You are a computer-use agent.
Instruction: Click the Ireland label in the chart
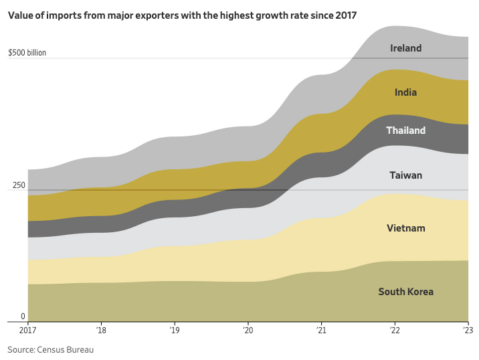pos(405,48)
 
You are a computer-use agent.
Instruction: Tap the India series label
pos(405,92)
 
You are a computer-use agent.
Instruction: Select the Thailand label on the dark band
pos(405,130)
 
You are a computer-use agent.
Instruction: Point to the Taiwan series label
pos(405,175)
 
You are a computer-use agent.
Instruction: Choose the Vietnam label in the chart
pos(405,229)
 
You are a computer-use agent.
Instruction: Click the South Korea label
pos(405,292)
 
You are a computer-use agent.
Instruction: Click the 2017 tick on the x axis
pos(27,330)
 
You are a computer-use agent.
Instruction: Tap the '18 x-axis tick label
pos(101,330)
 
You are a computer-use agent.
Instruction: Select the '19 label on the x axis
pos(175,330)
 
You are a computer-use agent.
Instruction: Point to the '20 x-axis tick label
pos(248,330)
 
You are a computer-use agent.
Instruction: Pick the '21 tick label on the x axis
pos(322,330)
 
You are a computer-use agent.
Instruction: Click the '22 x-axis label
pos(395,330)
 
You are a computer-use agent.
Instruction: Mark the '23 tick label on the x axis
pos(468,330)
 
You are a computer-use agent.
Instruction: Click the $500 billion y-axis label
pos(27,52)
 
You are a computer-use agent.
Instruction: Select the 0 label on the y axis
pos(22,317)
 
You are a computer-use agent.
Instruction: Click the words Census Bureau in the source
pos(70,350)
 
